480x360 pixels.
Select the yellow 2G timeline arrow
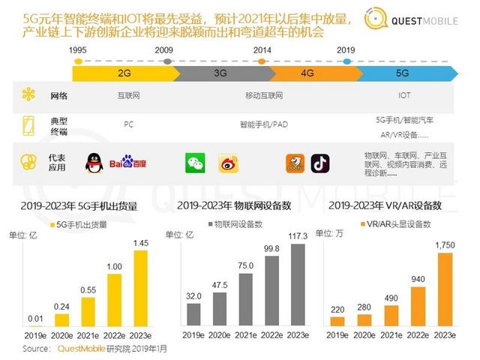click(124, 73)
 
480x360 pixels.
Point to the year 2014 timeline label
click(262, 49)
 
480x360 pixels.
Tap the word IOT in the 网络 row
click(403, 95)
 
